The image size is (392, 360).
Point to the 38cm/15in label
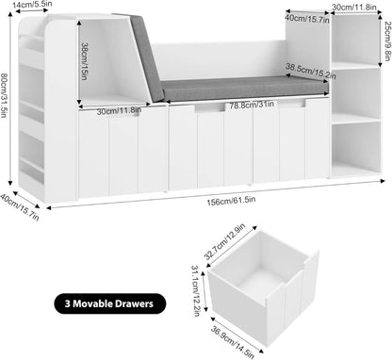point(84,61)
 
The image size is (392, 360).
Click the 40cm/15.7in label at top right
point(306,17)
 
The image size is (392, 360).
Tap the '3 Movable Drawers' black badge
point(118,303)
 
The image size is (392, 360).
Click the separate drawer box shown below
point(264,292)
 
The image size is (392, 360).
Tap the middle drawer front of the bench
point(210,146)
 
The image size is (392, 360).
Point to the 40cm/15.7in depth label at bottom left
point(23,204)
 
